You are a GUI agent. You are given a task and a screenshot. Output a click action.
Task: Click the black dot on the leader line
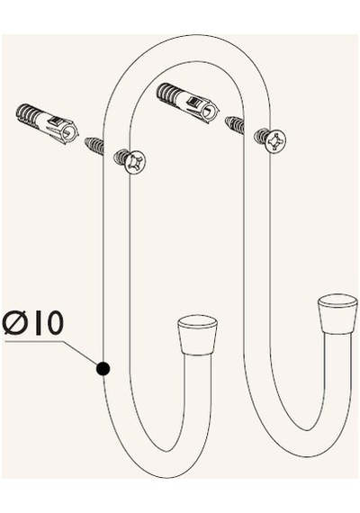pos(103,369)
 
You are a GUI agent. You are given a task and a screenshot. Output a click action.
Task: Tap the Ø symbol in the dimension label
pos(17,322)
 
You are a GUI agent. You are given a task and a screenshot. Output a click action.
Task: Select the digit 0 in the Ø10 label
pos(54,322)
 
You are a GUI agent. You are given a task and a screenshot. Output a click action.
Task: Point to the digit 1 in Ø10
pos(39,322)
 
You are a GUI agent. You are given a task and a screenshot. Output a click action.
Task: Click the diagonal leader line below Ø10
pos(81,354)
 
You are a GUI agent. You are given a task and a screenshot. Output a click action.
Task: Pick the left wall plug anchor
pos(48,124)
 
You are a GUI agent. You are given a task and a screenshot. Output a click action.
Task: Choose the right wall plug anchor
pos(188,103)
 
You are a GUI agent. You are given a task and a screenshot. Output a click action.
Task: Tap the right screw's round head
pos(274,141)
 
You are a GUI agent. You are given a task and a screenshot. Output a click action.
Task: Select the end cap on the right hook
pos(336,314)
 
